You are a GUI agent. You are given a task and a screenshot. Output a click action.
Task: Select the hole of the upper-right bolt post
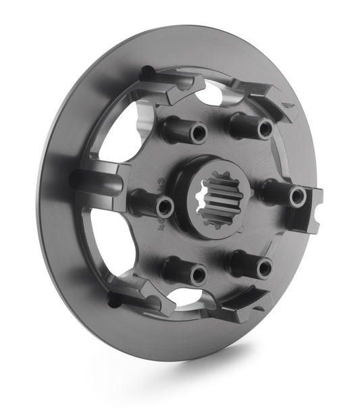click(x=265, y=129)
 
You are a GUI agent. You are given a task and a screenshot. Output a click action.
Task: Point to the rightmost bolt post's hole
click(x=297, y=197)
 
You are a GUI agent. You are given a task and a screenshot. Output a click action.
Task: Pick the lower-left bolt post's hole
click(x=198, y=274)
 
